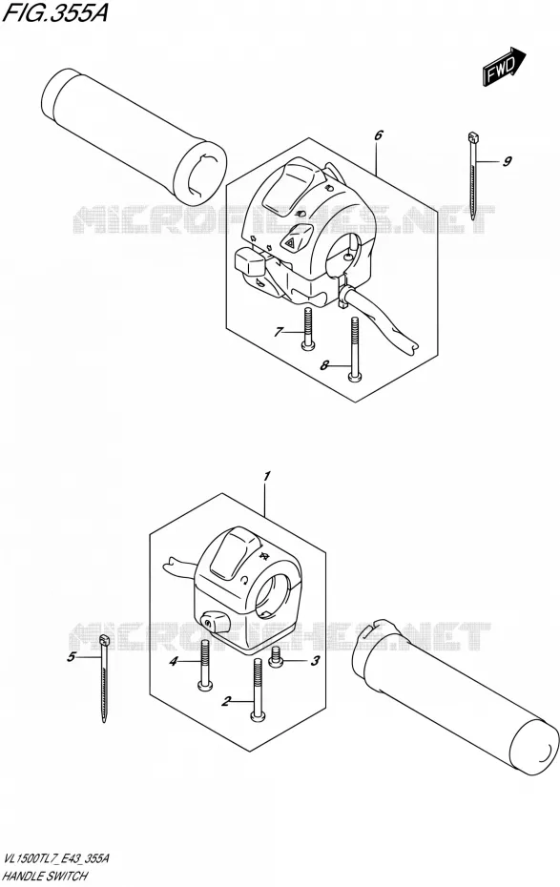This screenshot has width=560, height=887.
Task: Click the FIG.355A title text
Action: coord(55,13)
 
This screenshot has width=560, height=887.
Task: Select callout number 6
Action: coord(379,135)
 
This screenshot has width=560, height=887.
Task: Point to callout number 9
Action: coord(507,162)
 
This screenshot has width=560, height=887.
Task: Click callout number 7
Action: coord(278,332)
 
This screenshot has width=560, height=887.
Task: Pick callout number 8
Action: coord(324,366)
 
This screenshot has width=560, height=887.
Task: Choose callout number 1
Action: coord(267,476)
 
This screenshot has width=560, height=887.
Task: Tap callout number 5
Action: coord(71,657)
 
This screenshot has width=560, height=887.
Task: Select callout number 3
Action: coord(316,660)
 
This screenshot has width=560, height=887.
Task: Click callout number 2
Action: coord(227,702)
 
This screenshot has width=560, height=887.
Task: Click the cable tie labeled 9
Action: coord(472,175)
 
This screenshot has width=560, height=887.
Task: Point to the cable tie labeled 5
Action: coord(104,679)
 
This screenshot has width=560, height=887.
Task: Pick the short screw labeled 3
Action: coord(276,657)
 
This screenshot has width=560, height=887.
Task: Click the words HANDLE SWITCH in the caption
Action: coord(45,877)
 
